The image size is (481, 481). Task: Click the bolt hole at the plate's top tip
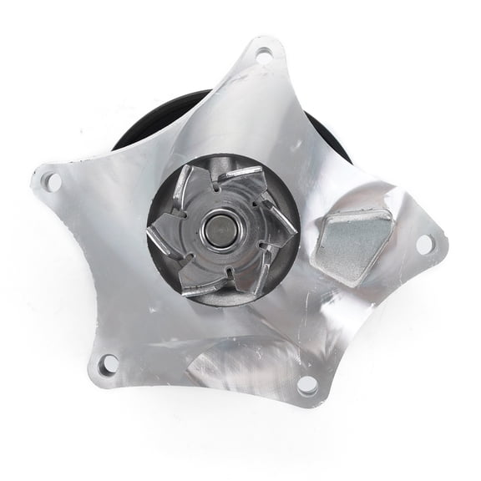[264, 57]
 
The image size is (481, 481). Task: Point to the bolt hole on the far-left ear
[48, 180]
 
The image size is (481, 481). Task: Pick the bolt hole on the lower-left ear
[107, 364]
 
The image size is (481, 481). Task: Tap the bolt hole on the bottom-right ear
[306, 384]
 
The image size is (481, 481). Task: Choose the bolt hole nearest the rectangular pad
[424, 243]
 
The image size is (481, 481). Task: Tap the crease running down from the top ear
[251, 109]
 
